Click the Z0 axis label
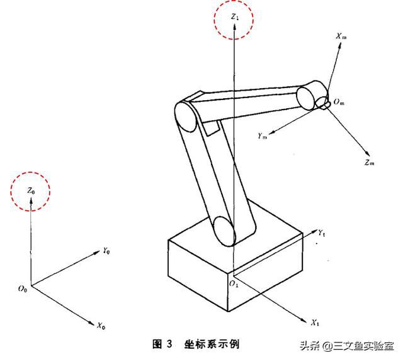(31, 191)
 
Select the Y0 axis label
(106, 250)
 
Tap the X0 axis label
(101, 326)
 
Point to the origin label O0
(23, 289)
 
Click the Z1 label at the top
(234, 17)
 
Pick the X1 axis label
(315, 323)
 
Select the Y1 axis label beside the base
(322, 233)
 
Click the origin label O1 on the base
(234, 284)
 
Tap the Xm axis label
(341, 37)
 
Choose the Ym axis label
(263, 135)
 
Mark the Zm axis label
(370, 162)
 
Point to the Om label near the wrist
(339, 102)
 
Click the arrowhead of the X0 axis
(91, 323)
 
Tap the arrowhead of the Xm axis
(340, 45)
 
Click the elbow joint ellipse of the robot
(185, 117)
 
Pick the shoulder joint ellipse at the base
(225, 231)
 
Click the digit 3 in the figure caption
(169, 344)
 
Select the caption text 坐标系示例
(212, 344)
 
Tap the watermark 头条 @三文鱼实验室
(347, 346)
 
